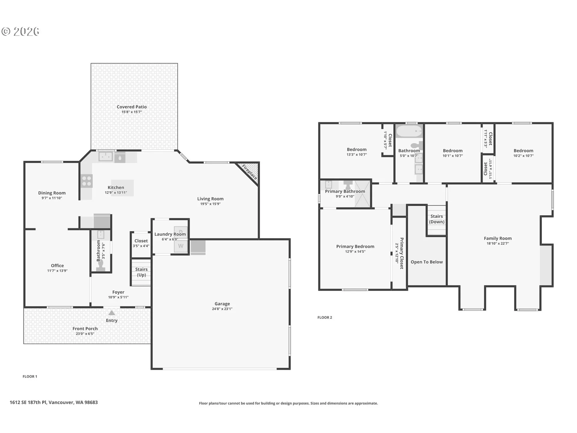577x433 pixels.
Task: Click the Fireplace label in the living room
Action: coord(250,172)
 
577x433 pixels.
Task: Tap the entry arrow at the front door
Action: coord(111,313)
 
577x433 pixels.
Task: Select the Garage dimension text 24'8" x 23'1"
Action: coord(222,309)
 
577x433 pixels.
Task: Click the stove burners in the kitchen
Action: coord(87,181)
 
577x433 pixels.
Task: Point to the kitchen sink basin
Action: coord(106,156)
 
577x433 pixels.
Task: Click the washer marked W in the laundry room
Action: coord(181,246)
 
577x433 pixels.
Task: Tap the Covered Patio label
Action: coord(132,107)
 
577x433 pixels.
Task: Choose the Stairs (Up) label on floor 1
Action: coord(141,272)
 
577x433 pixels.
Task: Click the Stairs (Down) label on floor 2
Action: coord(437,219)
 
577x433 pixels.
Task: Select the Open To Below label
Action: coord(427,262)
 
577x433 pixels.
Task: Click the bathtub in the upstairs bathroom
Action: coord(409,132)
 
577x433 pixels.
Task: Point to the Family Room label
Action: coord(498,238)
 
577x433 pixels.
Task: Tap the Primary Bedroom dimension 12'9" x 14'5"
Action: coord(355,252)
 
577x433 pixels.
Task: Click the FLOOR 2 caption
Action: coord(325,318)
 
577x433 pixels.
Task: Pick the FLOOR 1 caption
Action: coord(30,376)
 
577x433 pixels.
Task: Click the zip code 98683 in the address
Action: coord(91,402)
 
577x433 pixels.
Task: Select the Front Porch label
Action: coord(85,329)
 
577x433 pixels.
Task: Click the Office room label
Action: coord(57,266)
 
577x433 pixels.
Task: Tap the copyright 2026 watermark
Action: coord(20,32)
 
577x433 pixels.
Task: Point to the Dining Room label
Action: coord(52,193)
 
